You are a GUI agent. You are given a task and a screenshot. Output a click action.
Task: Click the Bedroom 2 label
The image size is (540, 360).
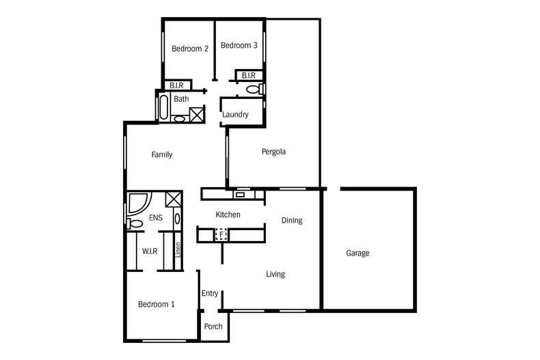[190, 49]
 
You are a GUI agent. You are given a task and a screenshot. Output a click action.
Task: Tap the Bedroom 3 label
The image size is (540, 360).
[239, 46]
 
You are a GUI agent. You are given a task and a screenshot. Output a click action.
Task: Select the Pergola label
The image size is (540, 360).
[273, 152]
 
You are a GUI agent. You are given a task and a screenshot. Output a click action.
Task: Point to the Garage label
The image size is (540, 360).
[357, 253]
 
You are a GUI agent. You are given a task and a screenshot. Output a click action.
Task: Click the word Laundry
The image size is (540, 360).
[235, 115]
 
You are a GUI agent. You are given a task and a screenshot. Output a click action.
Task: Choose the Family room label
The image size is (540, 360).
[162, 155]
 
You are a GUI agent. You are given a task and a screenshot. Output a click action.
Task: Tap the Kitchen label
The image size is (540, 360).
[228, 214]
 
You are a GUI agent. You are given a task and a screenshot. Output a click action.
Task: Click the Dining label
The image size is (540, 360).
[292, 221]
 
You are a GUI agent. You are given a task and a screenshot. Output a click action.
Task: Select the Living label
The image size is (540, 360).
[275, 275]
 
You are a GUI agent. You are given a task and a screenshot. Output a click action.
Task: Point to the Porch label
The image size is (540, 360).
[213, 327]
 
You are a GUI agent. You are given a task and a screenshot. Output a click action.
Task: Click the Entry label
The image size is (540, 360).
[210, 293]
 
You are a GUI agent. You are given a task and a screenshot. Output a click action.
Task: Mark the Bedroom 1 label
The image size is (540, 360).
[156, 304]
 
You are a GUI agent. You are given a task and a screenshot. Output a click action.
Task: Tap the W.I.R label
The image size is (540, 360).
[150, 251]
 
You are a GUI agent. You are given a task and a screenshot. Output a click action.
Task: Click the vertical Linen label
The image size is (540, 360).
[178, 250]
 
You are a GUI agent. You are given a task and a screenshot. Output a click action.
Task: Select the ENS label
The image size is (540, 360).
[156, 218]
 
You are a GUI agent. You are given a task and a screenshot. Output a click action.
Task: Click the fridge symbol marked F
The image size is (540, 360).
[221, 235]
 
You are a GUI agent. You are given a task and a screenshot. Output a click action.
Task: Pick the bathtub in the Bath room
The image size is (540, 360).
[164, 107]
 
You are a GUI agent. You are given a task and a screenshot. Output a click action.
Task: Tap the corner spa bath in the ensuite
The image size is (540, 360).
[139, 203]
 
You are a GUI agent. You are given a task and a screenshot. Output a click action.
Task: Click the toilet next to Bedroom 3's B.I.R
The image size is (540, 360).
[255, 89]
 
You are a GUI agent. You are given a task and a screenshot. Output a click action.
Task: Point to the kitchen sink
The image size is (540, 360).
[240, 195]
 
